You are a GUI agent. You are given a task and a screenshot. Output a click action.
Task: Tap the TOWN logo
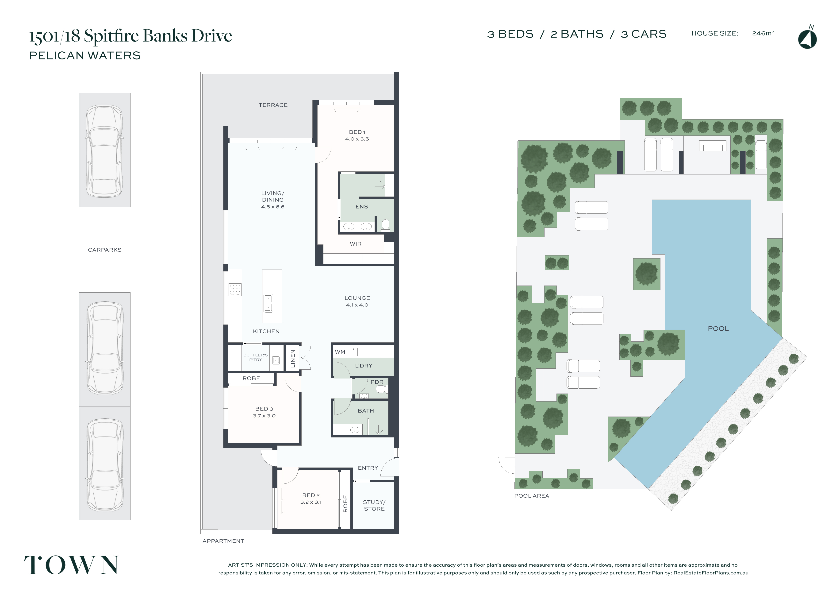click(72, 565)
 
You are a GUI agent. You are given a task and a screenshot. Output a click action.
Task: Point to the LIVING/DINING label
click(273, 200)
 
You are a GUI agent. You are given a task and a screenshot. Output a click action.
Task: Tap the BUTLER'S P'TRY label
click(255, 357)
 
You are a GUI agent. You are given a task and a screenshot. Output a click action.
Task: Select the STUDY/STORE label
click(374, 505)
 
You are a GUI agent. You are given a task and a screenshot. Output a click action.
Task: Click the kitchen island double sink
click(268, 303)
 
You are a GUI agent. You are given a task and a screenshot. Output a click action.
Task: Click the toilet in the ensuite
click(386, 225)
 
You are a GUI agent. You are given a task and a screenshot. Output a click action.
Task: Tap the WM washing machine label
click(340, 352)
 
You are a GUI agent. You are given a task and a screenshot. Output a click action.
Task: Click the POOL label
click(718, 329)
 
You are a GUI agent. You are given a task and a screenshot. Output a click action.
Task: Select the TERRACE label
click(273, 105)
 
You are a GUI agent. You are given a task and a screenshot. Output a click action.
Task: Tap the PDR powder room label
click(377, 382)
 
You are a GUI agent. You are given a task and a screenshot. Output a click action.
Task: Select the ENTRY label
click(368, 468)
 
